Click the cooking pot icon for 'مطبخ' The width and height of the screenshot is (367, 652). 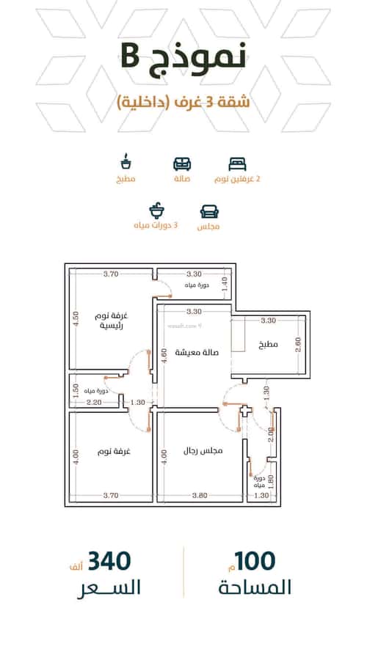click(126, 161)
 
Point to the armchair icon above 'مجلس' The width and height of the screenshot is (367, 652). click(209, 211)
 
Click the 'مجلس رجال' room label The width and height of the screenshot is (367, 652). click(203, 450)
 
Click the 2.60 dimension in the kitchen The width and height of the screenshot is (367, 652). click(297, 345)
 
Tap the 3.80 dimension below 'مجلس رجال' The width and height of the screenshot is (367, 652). click(200, 495)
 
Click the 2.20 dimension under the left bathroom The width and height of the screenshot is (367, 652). click(93, 403)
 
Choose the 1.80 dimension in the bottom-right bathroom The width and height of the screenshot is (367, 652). click(271, 480)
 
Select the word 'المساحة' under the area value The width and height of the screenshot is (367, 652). click(255, 588)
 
